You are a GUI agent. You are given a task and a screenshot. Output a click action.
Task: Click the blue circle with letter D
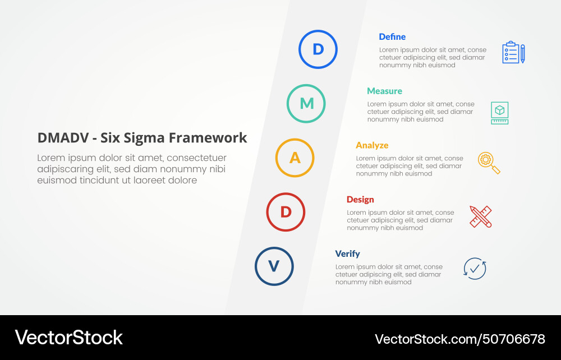point(318,49)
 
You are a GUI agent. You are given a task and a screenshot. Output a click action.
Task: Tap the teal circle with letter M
point(306,104)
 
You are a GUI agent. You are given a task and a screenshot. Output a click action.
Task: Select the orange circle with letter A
point(295,158)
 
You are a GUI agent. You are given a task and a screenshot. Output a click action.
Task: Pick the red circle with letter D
point(286,212)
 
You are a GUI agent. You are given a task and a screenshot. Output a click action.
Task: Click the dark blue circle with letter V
point(274,266)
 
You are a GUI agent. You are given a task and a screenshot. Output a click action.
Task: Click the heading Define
point(392,37)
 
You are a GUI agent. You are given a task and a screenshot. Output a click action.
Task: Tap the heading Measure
point(384,91)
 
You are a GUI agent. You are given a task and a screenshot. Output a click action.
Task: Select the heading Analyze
point(372,145)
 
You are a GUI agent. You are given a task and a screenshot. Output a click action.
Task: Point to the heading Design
point(360,200)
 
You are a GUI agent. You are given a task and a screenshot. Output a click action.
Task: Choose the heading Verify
point(348,254)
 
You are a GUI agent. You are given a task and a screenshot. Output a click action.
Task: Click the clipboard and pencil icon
point(513,53)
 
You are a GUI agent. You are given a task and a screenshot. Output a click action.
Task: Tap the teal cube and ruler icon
point(499,113)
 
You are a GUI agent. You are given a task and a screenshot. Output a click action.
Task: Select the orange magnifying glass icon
point(489,163)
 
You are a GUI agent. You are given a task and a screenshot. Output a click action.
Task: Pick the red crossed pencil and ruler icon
point(481,216)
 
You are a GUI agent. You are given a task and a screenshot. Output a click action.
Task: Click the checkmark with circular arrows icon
point(475,269)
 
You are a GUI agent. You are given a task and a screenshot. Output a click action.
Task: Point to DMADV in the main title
point(58,138)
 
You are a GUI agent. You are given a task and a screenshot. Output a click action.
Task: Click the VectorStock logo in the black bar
point(68,338)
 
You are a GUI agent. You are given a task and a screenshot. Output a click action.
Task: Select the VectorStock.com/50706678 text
point(459,339)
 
